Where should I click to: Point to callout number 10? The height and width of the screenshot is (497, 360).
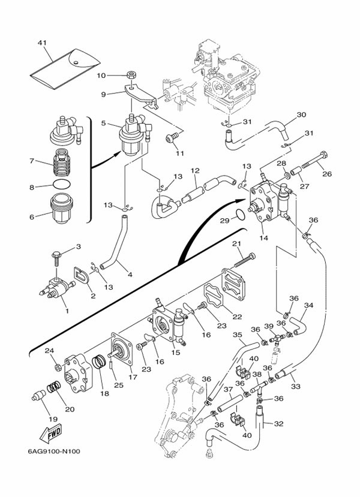click(101, 76)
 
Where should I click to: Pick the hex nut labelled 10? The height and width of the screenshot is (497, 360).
click(130, 76)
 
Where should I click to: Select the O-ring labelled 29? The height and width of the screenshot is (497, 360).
click(239, 215)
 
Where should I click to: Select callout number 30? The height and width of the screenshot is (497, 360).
click(301, 115)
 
